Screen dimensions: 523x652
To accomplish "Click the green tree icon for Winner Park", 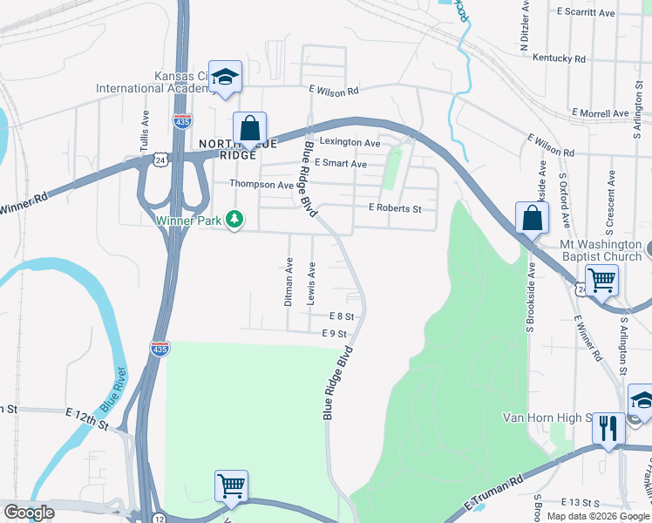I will pyautogui.click(x=234, y=220).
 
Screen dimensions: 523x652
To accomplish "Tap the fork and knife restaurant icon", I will pyautogui.click(x=608, y=428).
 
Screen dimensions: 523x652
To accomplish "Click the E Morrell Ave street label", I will pyautogui.click(x=600, y=113).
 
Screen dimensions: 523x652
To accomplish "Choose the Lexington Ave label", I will pyautogui.click(x=350, y=142).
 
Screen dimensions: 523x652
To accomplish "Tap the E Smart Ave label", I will pyautogui.click(x=341, y=163).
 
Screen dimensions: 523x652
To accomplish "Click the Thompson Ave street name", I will pyautogui.click(x=261, y=185).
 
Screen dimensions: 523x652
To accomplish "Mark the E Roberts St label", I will pyautogui.click(x=395, y=208).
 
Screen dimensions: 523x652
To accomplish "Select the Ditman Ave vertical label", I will pyautogui.click(x=289, y=282).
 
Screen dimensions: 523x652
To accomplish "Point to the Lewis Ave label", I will pyautogui.click(x=311, y=283).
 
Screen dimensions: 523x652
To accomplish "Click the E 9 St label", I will pyautogui.click(x=334, y=334).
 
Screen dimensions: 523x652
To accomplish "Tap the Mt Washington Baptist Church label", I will pyautogui.click(x=601, y=250).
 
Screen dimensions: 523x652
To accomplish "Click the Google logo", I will pyautogui.click(x=29, y=513).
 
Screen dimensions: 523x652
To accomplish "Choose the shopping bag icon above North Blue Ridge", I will pyautogui.click(x=249, y=128).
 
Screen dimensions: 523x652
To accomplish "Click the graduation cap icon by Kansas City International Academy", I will pyautogui.click(x=225, y=77).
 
